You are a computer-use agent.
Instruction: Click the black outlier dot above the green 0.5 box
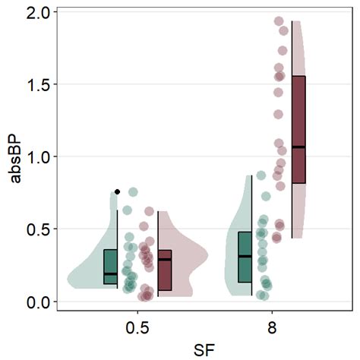117,191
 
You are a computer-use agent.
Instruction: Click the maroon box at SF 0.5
165,270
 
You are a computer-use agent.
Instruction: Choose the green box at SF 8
245,257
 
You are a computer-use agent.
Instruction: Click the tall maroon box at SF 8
298,129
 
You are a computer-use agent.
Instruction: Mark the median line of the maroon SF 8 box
298,147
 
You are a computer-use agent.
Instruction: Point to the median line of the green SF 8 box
245,257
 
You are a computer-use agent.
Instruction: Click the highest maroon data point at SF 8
279,21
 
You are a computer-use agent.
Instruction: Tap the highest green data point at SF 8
261,175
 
